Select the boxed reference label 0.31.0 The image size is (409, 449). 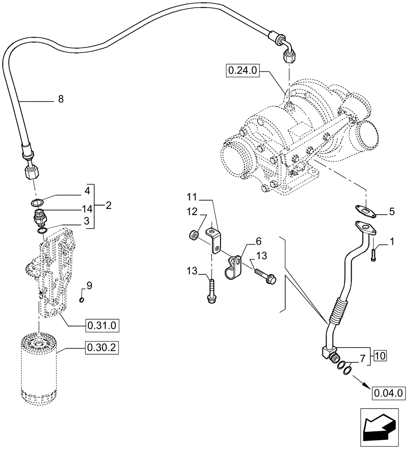(x=101, y=325)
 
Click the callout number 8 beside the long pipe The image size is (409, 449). (x=61, y=99)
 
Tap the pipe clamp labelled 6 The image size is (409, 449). (x=232, y=266)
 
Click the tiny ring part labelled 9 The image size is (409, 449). (x=81, y=300)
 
